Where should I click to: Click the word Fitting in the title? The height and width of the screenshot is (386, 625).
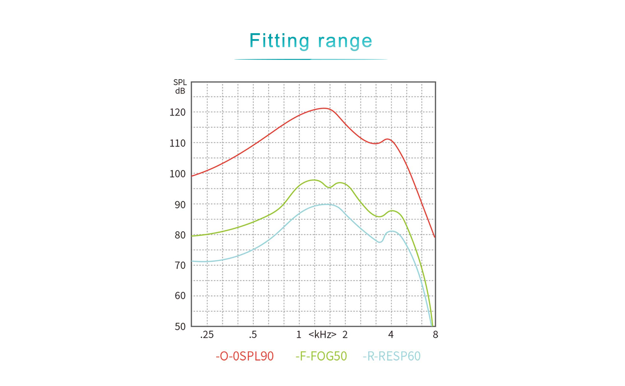click(x=279, y=41)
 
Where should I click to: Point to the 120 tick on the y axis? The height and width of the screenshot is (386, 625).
click(x=177, y=113)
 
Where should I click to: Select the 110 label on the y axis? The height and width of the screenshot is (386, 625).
click(x=177, y=143)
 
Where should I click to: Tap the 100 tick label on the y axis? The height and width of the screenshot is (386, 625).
click(x=177, y=174)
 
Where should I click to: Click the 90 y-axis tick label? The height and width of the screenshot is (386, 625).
click(x=180, y=205)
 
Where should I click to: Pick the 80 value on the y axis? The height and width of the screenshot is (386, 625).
click(x=180, y=235)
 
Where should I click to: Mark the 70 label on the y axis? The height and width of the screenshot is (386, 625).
click(x=180, y=266)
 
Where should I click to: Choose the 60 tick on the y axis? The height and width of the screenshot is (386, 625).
click(x=180, y=296)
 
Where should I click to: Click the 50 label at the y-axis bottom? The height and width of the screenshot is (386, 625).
click(x=180, y=326)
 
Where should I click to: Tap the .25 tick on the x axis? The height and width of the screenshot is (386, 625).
click(x=207, y=335)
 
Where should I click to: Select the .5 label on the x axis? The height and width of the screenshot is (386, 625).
click(x=253, y=335)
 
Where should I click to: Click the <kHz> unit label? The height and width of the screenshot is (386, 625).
click(x=322, y=335)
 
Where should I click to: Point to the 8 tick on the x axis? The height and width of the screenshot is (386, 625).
click(x=435, y=335)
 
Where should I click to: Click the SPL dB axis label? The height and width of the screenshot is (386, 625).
click(x=180, y=87)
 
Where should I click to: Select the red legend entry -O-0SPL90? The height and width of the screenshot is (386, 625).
click(x=244, y=356)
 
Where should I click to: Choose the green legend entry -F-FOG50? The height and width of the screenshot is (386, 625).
click(x=321, y=356)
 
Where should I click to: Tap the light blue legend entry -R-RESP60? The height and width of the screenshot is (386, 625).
click(x=392, y=356)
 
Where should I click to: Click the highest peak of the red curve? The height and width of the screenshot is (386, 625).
click(x=324, y=108)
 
